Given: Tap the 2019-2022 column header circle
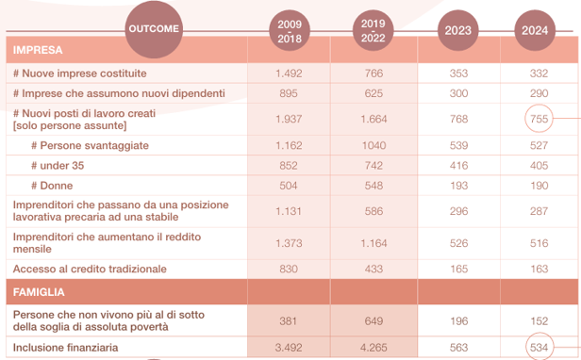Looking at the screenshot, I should (x=373, y=29).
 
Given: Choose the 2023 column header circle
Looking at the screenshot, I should (x=458, y=29).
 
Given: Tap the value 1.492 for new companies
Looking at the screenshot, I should (x=287, y=73).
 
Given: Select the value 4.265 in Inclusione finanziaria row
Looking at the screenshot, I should (x=373, y=347).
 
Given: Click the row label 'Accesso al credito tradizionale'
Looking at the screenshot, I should (x=90, y=269).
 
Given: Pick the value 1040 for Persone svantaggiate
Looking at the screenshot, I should (x=373, y=145).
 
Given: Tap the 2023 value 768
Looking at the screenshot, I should (x=458, y=119).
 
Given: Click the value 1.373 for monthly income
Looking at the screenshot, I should (x=287, y=243).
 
